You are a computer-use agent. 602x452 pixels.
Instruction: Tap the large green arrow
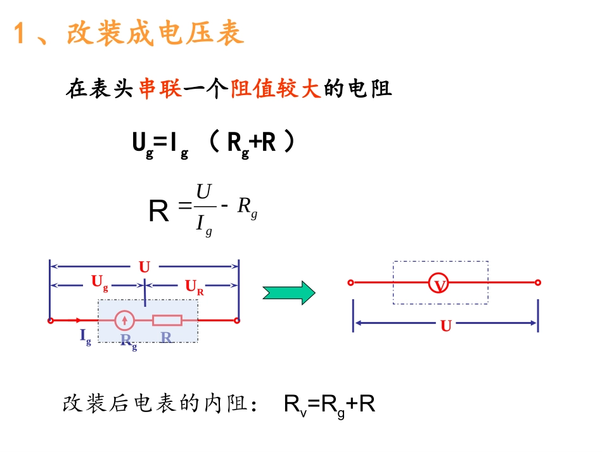point(289,292)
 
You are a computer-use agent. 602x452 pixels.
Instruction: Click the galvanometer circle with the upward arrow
point(125,320)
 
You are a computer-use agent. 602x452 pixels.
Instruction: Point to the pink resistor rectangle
point(167,320)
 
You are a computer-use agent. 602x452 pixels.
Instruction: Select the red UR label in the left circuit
point(194,287)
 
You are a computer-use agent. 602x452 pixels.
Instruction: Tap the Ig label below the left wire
point(86,336)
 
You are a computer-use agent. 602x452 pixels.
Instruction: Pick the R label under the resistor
point(166,337)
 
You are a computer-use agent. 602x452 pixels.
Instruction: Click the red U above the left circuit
point(144,267)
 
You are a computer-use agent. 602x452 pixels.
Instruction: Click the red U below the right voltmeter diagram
point(446,326)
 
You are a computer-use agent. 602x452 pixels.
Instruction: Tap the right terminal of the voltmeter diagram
point(537,283)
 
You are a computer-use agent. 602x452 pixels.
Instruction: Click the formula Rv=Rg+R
point(330,404)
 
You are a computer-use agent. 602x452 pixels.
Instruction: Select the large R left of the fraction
point(158,212)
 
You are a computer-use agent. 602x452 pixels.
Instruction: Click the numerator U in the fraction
point(203,191)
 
